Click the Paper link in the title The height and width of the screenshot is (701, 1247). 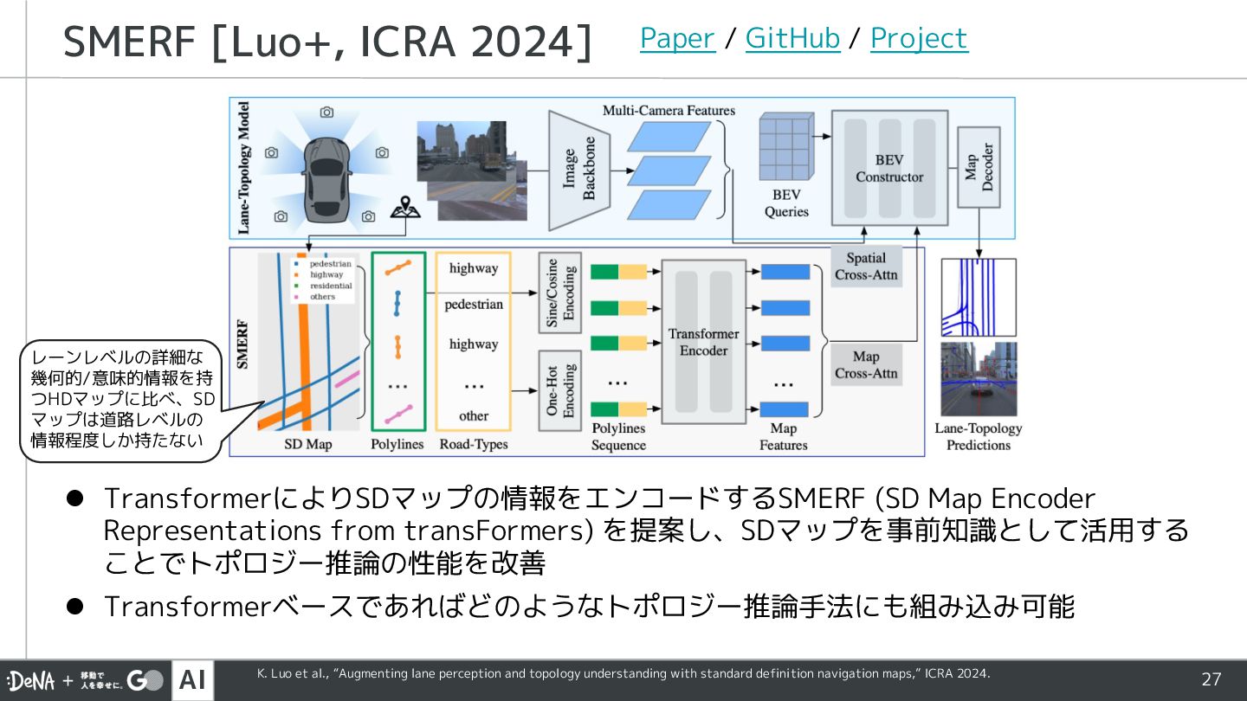click(x=677, y=38)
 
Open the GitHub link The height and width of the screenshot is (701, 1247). click(x=792, y=38)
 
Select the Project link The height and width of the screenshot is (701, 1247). click(x=919, y=38)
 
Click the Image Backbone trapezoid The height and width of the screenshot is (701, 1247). click(x=578, y=169)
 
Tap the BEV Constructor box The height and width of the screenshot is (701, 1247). click(x=889, y=168)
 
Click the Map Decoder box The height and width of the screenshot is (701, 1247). click(x=979, y=167)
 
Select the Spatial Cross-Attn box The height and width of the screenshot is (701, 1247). click(x=866, y=267)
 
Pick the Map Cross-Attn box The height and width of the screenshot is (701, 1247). click(x=866, y=364)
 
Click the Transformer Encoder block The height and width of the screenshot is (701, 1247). click(x=703, y=342)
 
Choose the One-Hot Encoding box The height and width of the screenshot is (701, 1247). click(x=559, y=390)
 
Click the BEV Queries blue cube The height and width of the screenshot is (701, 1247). click(x=785, y=146)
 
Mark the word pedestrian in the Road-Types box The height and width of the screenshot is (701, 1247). click(x=474, y=305)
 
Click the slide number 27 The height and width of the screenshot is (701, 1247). click(x=1211, y=679)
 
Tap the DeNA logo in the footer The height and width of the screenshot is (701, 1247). click(x=31, y=681)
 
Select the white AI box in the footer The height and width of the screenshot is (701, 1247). click(x=192, y=680)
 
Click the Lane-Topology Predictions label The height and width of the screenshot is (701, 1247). click(x=978, y=436)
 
